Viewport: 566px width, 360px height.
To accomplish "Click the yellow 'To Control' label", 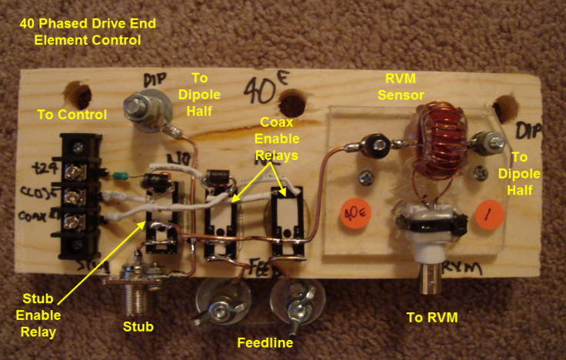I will [71, 115].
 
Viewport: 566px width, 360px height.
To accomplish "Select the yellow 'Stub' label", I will [138, 327].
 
